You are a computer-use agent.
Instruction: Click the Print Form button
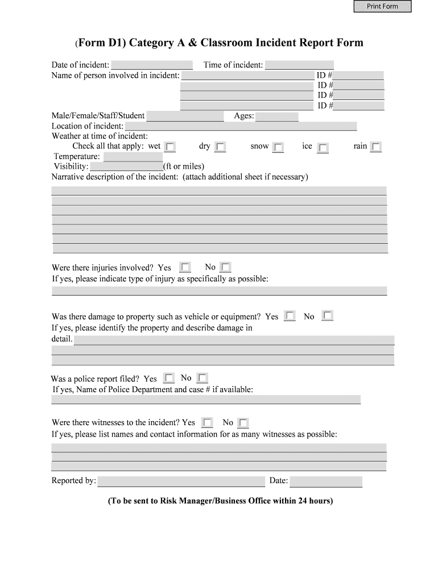(x=382, y=6)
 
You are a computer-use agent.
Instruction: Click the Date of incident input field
(x=152, y=65)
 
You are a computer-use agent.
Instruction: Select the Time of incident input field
(x=299, y=65)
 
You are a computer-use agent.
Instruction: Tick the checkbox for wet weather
(x=170, y=147)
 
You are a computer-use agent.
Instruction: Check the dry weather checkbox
(x=220, y=147)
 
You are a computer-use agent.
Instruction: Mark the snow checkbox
(x=278, y=148)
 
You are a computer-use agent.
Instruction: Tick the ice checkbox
(x=323, y=148)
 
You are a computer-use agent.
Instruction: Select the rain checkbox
(x=375, y=147)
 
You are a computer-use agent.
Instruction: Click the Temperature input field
(x=133, y=157)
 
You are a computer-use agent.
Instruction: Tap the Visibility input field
(x=126, y=167)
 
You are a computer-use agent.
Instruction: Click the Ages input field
(x=277, y=117)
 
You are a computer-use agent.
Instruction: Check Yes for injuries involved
(x=185, y=267)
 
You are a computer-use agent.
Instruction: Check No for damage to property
(x=327, y=315)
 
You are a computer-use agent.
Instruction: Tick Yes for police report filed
(x=169, y=378)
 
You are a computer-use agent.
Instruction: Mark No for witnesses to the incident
(x=243, y=423)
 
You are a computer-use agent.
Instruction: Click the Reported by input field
(x=181, y=481)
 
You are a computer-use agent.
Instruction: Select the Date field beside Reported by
(x=326, y=481)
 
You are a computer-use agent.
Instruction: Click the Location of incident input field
(x=241, y=126)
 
